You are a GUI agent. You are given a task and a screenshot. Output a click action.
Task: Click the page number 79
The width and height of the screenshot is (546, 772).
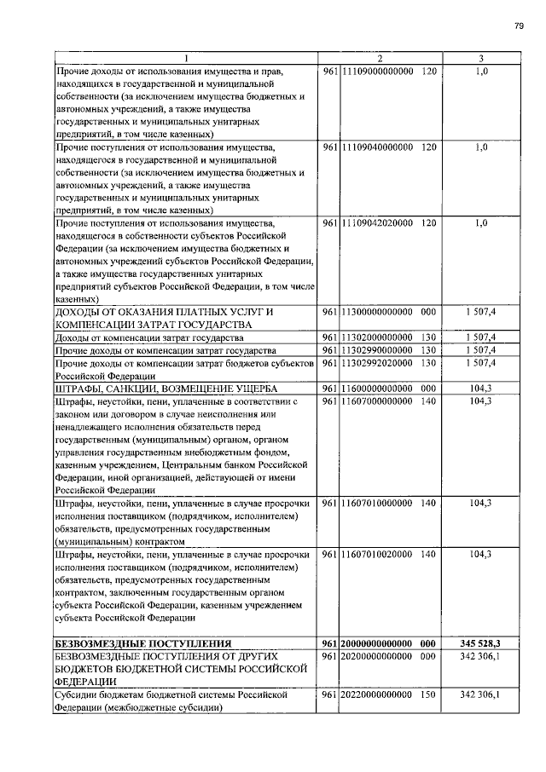pos(518,26)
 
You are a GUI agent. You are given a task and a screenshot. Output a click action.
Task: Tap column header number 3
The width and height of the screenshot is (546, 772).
pos(481,58)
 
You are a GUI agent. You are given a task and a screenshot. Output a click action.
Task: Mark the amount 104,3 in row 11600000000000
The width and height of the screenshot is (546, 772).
pos(480,388)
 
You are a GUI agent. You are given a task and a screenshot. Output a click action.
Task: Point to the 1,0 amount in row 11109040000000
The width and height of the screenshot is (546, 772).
pos(480,147)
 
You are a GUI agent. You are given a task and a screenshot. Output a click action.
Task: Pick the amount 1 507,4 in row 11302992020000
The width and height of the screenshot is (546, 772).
pos(480,363)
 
